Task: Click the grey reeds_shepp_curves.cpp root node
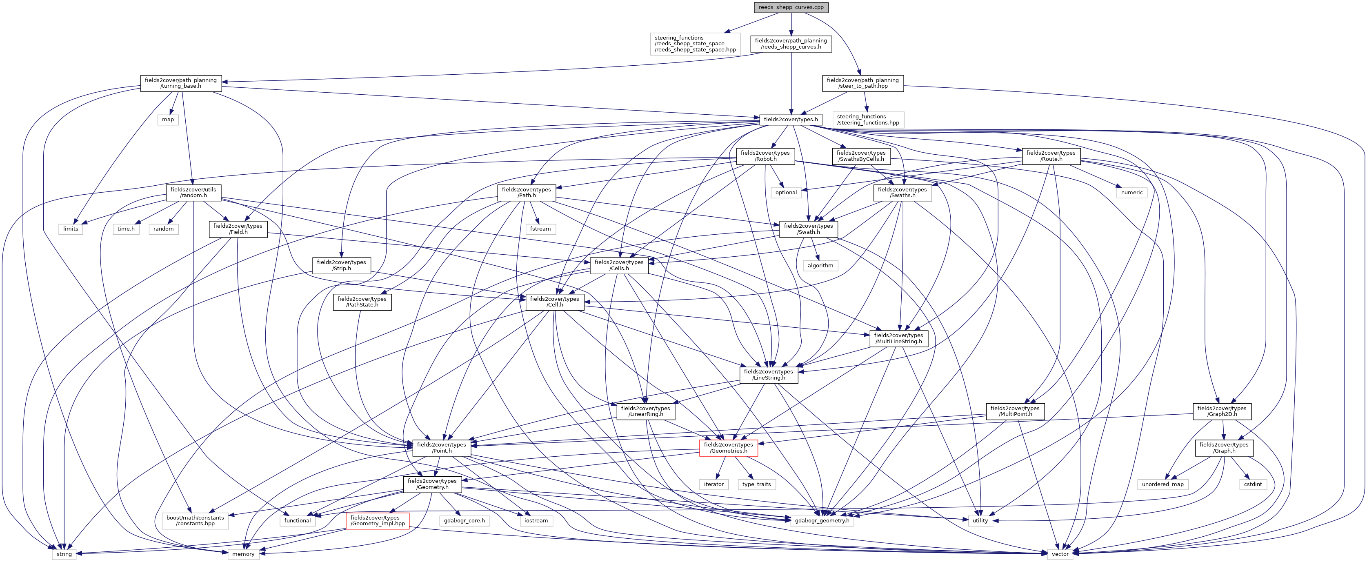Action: [791, 7]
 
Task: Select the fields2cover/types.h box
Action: [791, 120]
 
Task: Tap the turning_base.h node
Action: [180, 83]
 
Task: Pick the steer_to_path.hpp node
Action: [862, 83]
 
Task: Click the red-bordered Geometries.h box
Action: [728, 447]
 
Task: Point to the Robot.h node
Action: [765, 155]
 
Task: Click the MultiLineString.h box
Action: [898, 338]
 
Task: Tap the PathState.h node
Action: [362, 302]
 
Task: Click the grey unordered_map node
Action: [1163, 484]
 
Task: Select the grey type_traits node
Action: [757, 484]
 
